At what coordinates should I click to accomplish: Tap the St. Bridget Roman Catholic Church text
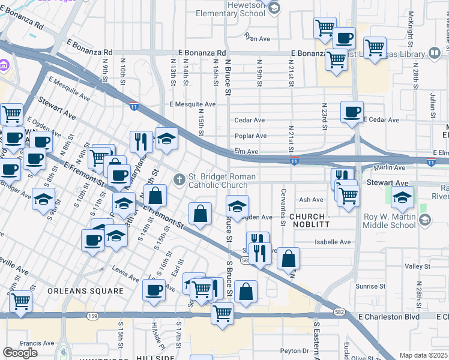click(222, 181)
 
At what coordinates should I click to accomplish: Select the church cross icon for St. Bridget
click(179, 179)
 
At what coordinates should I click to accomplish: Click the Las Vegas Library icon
click(435, 54)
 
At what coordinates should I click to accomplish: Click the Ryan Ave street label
click(258, 38)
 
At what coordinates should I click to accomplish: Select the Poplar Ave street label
click(250, 136)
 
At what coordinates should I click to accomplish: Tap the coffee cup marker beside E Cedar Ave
click(352, 112)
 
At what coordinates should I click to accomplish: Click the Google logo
click(20, 353)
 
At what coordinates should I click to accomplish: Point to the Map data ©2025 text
click(424, 355)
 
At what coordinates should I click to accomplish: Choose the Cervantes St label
click(283, 207)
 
